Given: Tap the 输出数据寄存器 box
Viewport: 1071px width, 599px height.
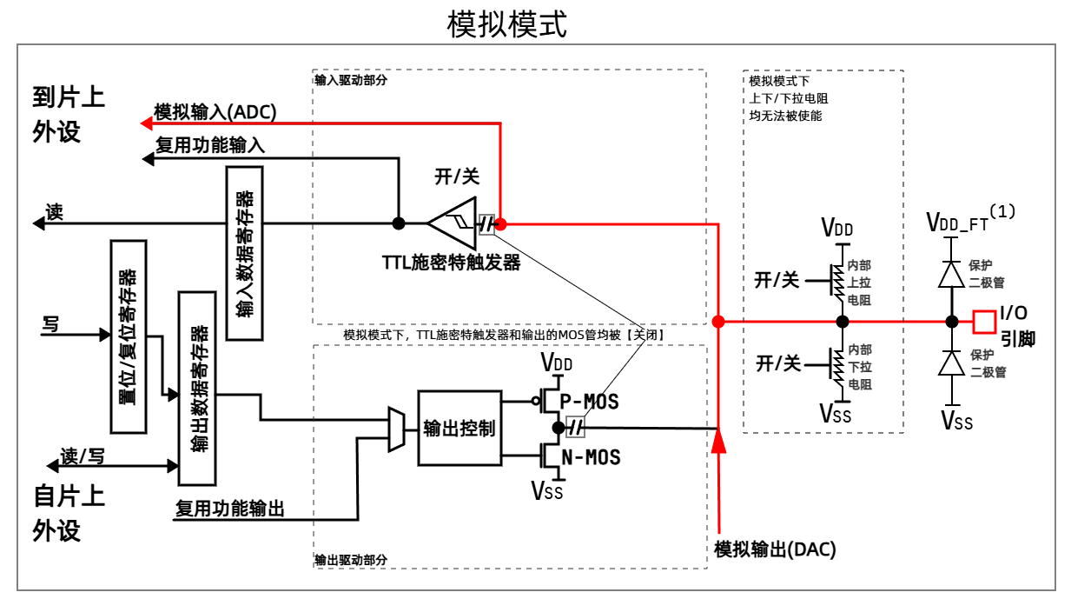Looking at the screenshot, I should point(196,389).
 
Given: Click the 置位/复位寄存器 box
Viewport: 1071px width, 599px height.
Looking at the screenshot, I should point(129,336).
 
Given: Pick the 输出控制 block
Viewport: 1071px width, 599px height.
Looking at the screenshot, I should point(459,428).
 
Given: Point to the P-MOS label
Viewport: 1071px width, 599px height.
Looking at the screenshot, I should point(591,402).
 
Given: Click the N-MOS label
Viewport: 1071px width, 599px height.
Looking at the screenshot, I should point(591,456).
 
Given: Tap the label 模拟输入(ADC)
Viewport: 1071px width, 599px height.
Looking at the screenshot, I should point(215,111).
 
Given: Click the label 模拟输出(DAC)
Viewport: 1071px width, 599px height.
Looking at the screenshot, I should point(775,550).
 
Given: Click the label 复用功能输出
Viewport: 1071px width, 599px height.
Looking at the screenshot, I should point(230,508).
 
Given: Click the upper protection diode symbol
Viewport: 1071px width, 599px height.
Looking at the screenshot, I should point(952,275).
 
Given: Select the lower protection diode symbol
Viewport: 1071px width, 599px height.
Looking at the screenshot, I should point(952,363).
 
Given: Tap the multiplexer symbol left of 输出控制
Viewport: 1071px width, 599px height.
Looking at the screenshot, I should point(395,429).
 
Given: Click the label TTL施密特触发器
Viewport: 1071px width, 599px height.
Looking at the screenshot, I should point(451,263).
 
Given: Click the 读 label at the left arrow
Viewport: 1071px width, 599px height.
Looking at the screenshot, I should point(55,212).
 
